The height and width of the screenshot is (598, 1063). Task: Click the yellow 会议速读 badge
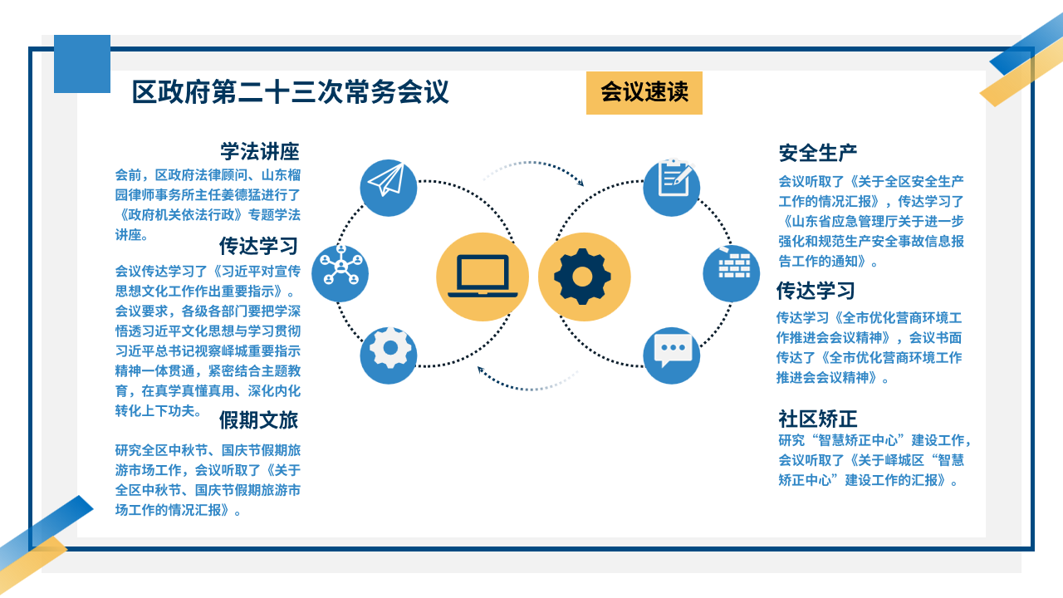point(644,92)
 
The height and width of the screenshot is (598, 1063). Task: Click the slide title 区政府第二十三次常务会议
point(290,91)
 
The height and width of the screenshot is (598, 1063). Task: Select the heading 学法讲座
point(260,152)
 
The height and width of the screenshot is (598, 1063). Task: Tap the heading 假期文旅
point(258,420)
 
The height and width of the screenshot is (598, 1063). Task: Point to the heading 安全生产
point(818,153)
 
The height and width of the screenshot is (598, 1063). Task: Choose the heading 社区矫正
point(817,419)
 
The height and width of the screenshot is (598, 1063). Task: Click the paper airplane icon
point(388,188)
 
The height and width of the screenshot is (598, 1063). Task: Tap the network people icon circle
point(340,273)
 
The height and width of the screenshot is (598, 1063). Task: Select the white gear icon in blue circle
point(388,355)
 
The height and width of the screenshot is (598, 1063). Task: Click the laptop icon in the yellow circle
point(483,277)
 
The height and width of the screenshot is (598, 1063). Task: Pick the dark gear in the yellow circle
point(582,277)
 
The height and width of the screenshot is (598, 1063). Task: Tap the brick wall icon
point(732,273)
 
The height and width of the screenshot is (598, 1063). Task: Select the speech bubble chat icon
point(672,355)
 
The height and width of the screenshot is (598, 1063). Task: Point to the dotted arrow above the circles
point(532,163)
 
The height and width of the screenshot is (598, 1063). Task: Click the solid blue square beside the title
point(82,64)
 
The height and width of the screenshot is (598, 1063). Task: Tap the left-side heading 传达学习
point(258,246)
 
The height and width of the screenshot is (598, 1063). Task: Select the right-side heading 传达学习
point(816,291)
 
